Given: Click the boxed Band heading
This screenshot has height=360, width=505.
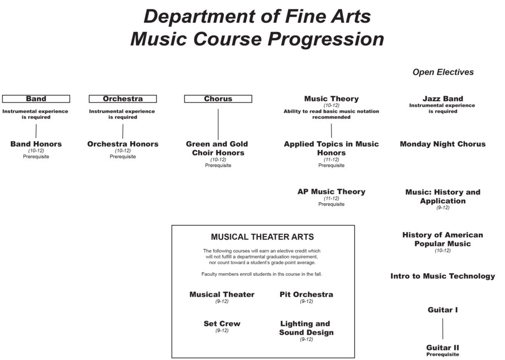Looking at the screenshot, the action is [x=36, y=99].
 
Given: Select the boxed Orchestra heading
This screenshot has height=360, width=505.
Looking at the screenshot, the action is [x=123, y=99].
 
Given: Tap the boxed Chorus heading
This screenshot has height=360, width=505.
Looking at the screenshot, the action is [x=218, y=99].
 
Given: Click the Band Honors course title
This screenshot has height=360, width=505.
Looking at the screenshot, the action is [x=36, y=144].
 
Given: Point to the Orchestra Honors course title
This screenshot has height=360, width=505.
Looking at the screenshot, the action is [x=123, y=144].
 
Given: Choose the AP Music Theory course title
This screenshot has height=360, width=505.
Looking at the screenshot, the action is [x=331, y=192].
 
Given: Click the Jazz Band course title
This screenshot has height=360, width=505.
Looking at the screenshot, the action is [x=443, y=99].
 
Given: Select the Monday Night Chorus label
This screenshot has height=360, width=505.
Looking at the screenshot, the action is [x=443, y=144].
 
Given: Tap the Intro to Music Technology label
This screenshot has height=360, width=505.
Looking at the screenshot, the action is [x=443, y=276].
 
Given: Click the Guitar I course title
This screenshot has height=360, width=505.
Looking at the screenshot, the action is [x=443, y=310].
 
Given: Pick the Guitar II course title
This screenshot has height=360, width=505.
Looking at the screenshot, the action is [x=443, y=348].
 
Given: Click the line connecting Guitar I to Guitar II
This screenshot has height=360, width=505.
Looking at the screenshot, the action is [x=443, y=329].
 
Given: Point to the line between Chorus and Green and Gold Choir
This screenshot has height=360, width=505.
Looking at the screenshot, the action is [x=218, y=124].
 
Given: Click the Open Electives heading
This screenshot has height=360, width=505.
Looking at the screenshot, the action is [x=443, y=72].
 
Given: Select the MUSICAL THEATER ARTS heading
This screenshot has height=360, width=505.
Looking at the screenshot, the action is [x=262, y=237].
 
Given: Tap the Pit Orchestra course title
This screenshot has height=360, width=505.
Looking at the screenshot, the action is [x=306, y=294].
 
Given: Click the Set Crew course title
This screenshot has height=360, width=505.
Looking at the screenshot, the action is [x=222, y=324].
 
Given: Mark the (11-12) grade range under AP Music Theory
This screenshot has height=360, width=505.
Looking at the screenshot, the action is [x=331, y=198].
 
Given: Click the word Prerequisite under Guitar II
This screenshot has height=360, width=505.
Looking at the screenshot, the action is [x=443, y=354].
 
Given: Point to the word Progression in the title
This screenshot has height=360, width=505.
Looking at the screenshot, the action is [x=326, y=39].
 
